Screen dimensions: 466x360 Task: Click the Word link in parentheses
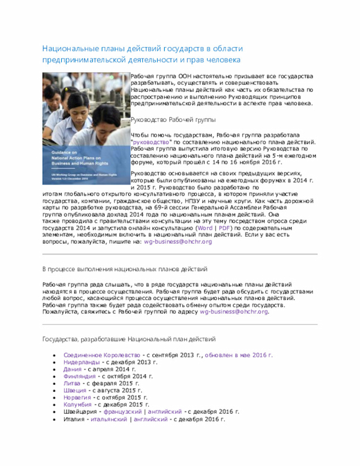pyautogui.click(x=204, y=229)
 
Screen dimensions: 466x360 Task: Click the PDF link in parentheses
pyautogui.click(x=224, y=229)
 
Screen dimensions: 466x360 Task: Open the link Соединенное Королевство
pyautogui.click(x=102, y=356)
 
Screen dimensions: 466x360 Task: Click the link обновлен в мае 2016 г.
pyautogui.click(x=238, y=356)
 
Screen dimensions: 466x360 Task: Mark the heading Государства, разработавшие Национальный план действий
pyautogui.click(x=128, y=339)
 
